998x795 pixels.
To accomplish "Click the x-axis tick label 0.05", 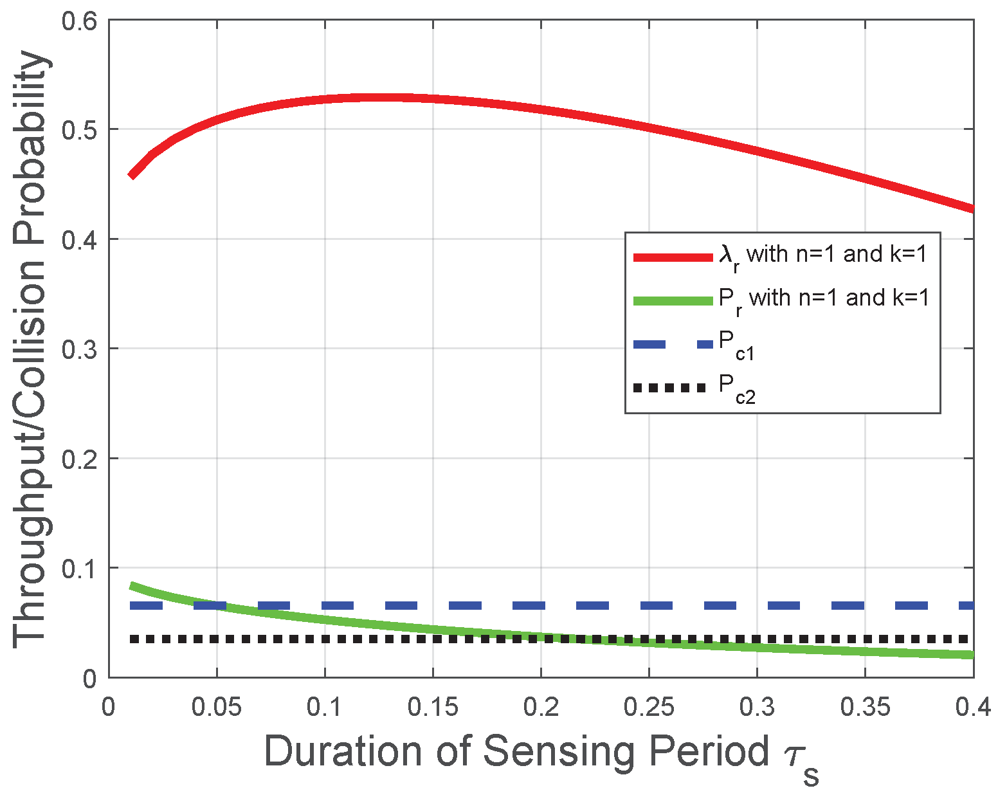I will coord(217,707).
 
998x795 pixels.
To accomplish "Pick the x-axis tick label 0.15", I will coord(433,707).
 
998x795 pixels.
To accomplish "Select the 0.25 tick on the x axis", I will coord(649,707).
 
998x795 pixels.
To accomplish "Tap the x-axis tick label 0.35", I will coord(865,707).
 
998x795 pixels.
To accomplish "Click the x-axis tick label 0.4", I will coord(972,707).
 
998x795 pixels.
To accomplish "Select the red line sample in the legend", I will coord(673,257).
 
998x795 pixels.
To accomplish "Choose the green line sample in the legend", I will coord(673,300).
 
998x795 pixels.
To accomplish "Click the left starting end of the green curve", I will coord(132,586).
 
